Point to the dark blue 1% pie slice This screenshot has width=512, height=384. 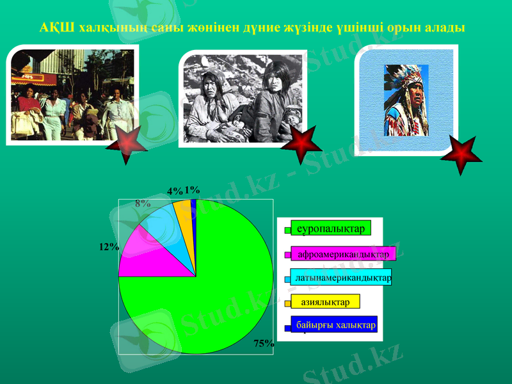[x=193, y=205]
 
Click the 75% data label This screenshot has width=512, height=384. [x=264, y=344]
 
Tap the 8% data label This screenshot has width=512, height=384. [x=143, y=204]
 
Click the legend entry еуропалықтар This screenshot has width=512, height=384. [x=330, y=228]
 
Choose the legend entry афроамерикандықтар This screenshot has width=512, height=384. [x=343, y=254]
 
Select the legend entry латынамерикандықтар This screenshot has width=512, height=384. [x=343, y=278]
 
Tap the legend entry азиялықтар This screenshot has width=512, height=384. [x=325, y=301]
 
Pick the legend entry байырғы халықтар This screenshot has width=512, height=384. [x=335, y=325]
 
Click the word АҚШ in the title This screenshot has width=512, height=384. [x=52, y=29]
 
